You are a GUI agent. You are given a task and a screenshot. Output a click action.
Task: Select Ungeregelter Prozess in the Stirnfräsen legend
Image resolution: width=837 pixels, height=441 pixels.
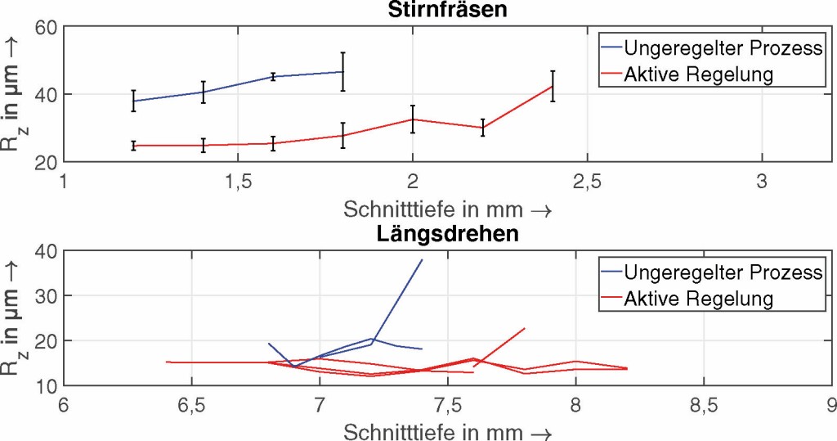pos(722,47)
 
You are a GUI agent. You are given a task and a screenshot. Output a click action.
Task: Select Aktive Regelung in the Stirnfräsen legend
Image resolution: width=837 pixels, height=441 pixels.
pos(698,74)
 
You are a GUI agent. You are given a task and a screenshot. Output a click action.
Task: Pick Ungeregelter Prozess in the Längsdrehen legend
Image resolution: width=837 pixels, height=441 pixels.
pos(722,271)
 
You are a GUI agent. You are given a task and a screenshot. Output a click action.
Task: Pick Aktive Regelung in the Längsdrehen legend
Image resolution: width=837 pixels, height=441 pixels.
pos(698,299)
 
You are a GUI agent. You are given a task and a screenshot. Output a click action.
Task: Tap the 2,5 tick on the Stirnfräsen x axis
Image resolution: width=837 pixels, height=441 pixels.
pos(587,182)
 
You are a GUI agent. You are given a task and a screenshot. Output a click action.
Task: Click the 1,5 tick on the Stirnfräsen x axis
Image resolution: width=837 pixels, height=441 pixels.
pos(238,182)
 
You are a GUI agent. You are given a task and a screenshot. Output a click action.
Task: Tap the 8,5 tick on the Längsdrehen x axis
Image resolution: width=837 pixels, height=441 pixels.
pos(703,405)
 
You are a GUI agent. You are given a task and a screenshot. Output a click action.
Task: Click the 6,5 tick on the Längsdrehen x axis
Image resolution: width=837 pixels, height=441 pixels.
pos(191,405)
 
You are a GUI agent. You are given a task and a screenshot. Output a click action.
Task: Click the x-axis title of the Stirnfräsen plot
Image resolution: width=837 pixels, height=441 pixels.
pos(447,209)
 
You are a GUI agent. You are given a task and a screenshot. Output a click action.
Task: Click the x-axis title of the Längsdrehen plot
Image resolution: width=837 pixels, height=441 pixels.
pos(447,431)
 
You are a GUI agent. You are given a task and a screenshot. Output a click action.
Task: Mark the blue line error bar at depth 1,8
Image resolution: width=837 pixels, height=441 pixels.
pos(343,71)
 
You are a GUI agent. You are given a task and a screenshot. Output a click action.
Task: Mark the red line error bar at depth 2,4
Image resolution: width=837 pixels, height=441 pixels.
pos(553,86)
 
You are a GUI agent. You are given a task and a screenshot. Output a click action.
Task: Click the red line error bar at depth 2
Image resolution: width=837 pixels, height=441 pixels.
pos(413,119)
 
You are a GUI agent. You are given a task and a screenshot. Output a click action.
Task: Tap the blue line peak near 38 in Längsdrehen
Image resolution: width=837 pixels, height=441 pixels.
pos(422,260)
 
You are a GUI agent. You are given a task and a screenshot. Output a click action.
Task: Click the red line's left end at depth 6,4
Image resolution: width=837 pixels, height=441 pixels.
pos(167,362)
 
